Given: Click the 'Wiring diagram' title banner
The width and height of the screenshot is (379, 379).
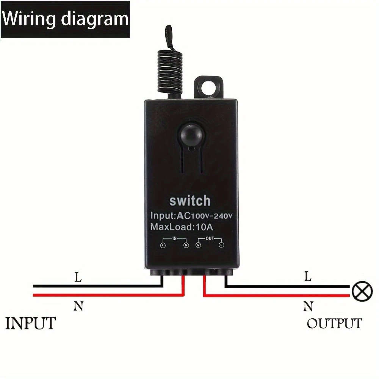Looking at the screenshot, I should [x=65, y=19].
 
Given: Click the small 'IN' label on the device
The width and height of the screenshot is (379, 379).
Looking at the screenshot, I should [x=175, y=238].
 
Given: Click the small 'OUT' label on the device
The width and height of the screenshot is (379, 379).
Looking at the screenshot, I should [x=210, y=238].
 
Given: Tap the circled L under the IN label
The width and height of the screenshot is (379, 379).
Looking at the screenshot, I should [x=163, y=246].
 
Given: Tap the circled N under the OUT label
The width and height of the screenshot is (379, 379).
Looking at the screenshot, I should [x=198, y=246].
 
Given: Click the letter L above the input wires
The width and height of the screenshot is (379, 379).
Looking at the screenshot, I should [x=78, y=277].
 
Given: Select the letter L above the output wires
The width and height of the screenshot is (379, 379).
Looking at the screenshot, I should [x=308, y=277].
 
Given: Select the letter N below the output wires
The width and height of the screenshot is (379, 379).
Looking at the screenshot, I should [x=308, y=306].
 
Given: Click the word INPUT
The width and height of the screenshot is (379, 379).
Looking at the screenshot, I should [x=30, y=323].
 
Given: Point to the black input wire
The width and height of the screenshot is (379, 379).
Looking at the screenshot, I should [x=95, y=286].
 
